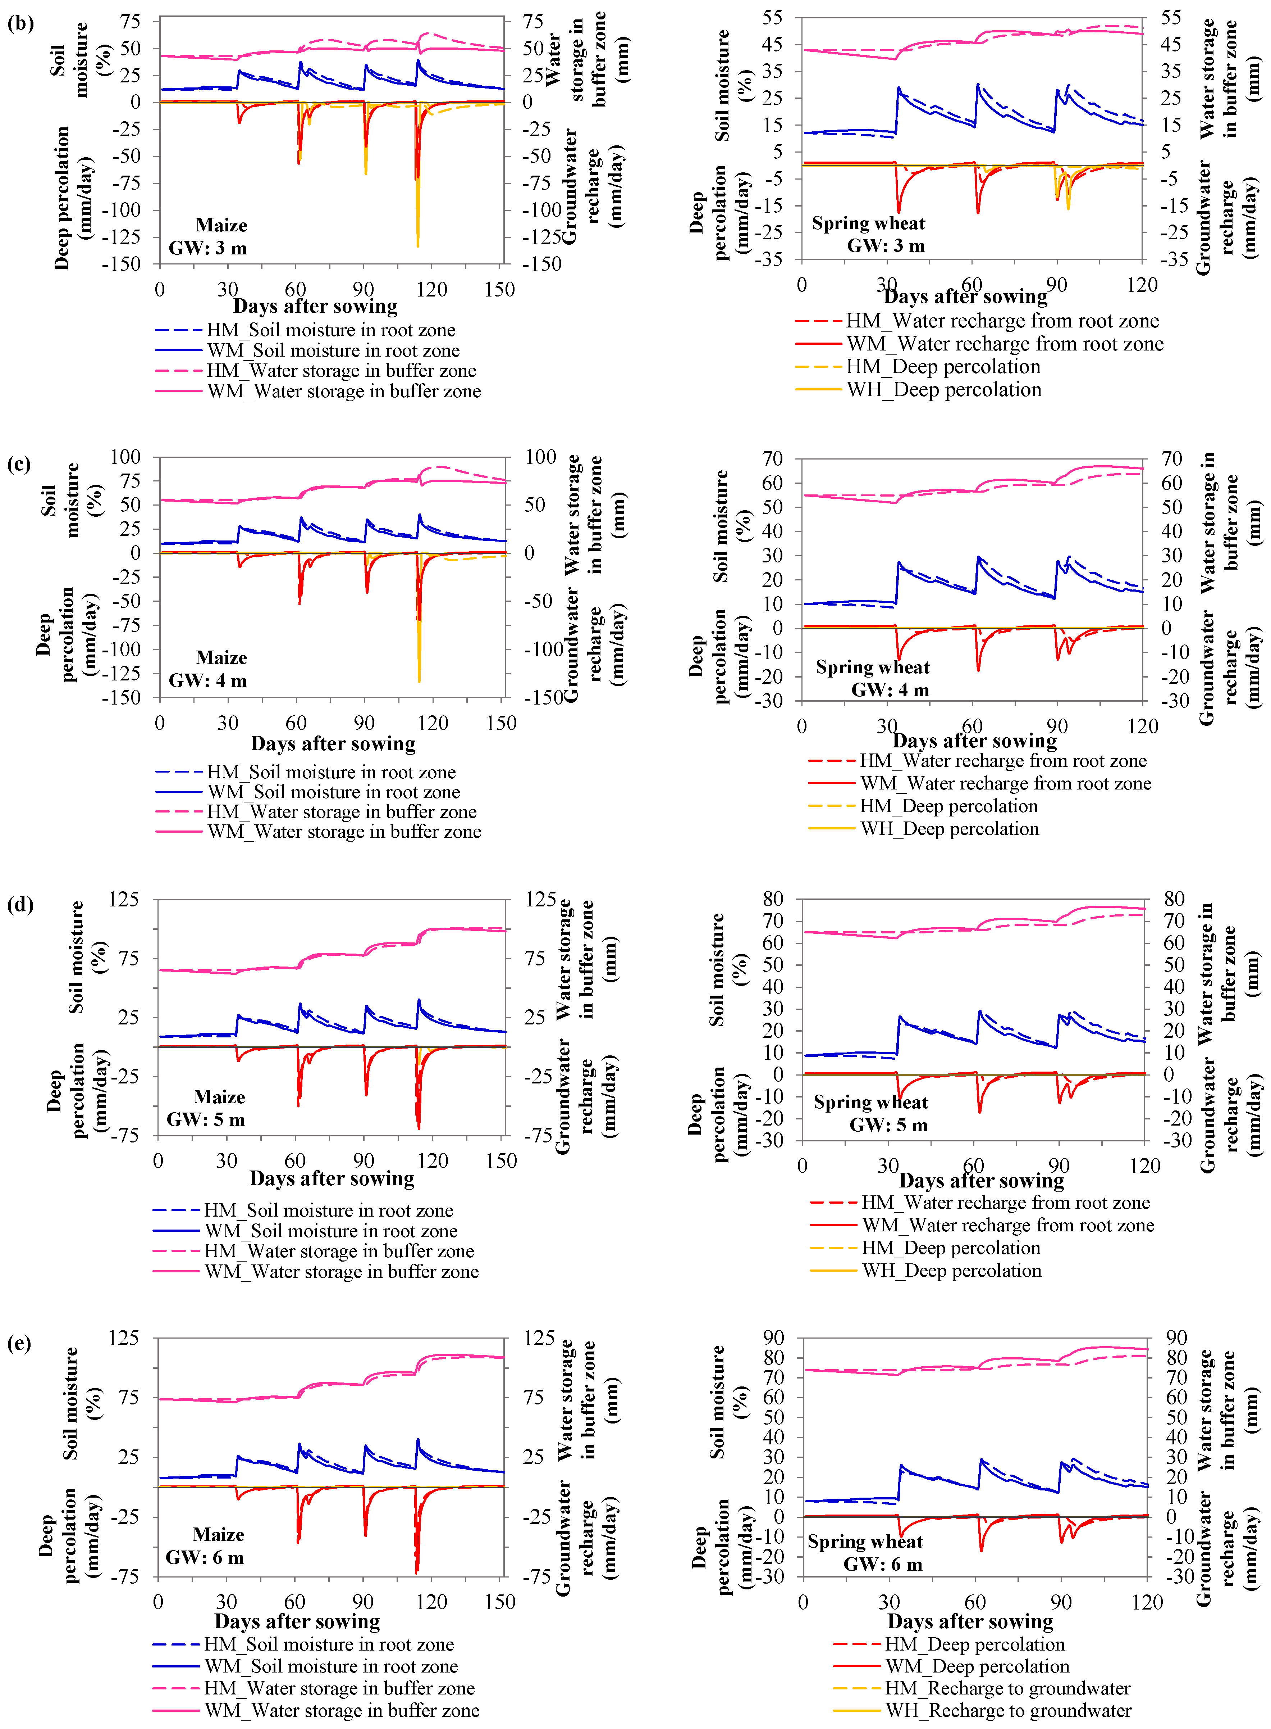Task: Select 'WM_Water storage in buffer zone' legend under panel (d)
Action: point(342,1272)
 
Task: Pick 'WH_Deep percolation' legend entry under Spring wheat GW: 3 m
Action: point(944,390)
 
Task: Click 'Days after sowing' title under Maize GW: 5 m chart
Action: point(332,1178)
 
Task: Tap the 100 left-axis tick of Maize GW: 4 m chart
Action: point(125,457)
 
